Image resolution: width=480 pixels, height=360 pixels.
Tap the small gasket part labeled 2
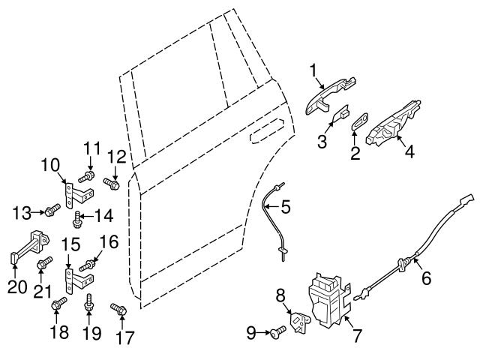[358, 119]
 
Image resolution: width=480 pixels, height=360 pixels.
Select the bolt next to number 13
[53, 210]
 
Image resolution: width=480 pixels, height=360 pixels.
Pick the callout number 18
[58, 331]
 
